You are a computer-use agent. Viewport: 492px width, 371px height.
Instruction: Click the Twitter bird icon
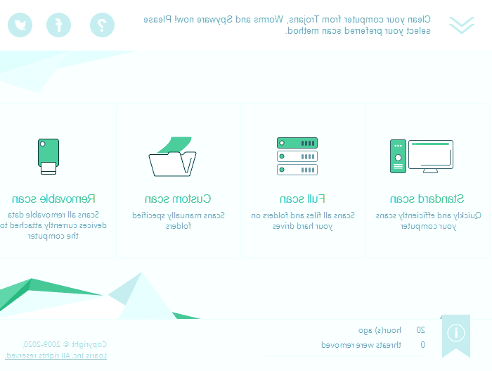coord(20,25)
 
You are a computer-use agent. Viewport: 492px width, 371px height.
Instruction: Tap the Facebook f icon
coord(59,25)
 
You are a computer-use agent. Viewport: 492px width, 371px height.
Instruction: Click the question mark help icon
coord(103,25)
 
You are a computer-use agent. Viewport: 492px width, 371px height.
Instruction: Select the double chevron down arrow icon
coord(462,25)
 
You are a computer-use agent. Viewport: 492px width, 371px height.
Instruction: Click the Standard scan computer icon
coord(422,156)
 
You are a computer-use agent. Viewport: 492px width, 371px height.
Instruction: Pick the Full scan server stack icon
coord(297,156)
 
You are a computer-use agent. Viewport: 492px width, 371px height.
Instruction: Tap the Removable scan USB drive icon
coord(48,156)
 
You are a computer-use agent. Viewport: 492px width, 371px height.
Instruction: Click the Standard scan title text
coord(427,199)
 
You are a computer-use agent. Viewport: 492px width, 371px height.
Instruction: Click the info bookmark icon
coord(455,333)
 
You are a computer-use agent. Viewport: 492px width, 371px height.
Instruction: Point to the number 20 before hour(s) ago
coord(421,329)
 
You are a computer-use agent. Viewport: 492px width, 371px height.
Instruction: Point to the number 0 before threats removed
coord(422,345)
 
